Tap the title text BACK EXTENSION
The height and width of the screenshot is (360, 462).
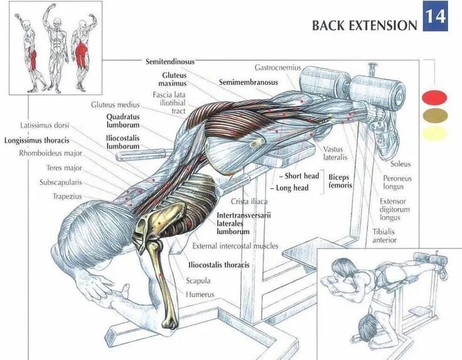pyautogui.click(x=364, y=26)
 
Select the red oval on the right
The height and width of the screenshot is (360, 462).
pyautogui.click(x=434, y=97)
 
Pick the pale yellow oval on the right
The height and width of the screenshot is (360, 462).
pyautogui.click(x=434, y=133)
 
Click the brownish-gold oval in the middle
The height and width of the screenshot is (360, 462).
pyautogui.click(x=434, y=115)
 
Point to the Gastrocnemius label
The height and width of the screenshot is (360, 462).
pyautogui.click(x=277, y=67)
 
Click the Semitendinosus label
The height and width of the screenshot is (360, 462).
pyautogui.click(x=169, y=62)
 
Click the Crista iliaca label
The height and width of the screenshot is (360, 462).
pyautogui.click(x=249, y=201)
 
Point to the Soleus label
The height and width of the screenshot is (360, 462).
pyautogui.click(x=400, y=164)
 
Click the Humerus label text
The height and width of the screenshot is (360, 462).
pyautogui.click(x=200, y=294)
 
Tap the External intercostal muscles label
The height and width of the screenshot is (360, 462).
pyautogui.click(x=235, y=246)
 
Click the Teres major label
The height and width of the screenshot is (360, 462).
pyautogui.click(x=64, y=168)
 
